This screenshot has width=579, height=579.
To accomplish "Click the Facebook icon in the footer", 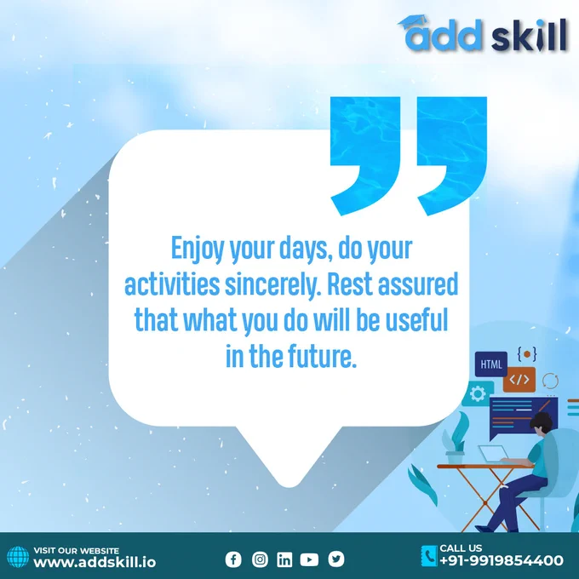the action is click(233, 559).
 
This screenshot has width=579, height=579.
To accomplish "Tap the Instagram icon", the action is click(260, 559).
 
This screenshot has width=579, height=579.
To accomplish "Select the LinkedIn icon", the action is click(284, 559).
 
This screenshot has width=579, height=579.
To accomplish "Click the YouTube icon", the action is click(309, 559).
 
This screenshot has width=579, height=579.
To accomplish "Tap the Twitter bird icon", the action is click(336, 559).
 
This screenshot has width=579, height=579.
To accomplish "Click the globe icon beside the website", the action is click(18, 557).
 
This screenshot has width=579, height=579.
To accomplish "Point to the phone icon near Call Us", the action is click(429, 556).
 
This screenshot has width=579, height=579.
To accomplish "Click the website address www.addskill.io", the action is click(95, 562).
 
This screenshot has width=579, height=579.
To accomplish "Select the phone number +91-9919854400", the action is click(502, 560).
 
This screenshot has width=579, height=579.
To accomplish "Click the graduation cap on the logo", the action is click(412, 22).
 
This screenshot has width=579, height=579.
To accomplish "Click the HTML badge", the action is click(491, 364).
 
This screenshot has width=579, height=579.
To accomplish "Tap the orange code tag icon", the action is click(519, 380).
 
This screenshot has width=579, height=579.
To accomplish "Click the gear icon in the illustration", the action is click(478, 393).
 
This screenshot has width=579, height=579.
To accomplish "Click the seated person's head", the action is click(542, 423).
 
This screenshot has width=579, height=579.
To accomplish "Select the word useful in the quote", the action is click(416, 320).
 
